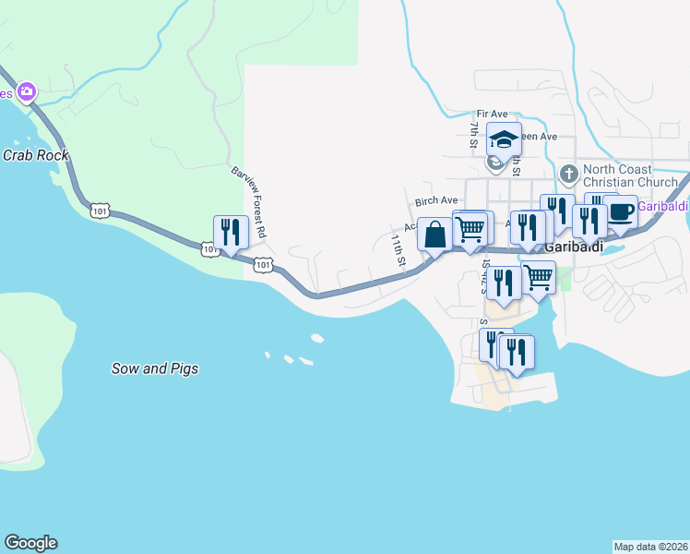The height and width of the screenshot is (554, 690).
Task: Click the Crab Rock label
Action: click(x=35, y=155)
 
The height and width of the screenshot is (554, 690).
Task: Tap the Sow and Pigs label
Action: click(x=155, y=368)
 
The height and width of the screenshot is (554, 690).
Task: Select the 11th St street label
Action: click(x=398, y=249)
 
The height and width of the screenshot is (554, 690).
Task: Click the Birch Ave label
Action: click(x=436, y=200)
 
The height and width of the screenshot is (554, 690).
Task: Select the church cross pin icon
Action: click(x=569, y=173)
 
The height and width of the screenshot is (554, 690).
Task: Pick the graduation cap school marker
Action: click(x=504, y=140)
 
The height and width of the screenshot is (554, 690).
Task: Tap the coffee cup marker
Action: click(x=620, y=212)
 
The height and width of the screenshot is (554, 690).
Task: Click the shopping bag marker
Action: click(x=435, y=235)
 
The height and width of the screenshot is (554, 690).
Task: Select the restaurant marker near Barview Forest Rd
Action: click(x=231, y=233)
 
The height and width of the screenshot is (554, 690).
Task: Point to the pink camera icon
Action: click(x=27, y=91)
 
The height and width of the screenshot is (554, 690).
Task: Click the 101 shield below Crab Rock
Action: click(x=100, y=211)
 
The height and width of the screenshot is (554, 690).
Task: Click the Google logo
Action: click(x=30, y=543)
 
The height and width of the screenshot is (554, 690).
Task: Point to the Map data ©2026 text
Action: click(x=651, y=547)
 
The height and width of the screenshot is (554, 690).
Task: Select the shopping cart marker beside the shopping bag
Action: click(x=471, y=228)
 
